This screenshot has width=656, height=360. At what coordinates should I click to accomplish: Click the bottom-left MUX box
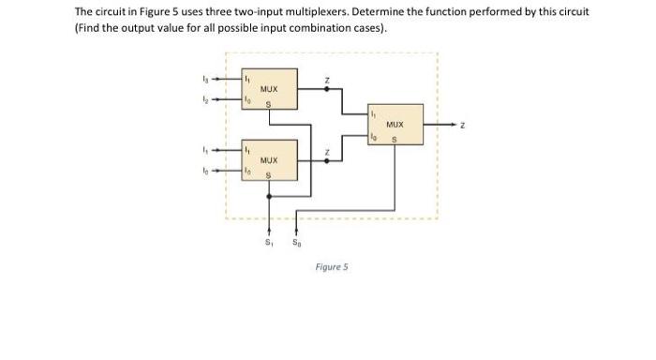[x=269, y=160]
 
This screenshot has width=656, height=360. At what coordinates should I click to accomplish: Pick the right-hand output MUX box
[x=395, y=125]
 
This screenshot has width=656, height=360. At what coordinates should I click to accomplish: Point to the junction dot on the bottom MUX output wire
[x=326, y=160]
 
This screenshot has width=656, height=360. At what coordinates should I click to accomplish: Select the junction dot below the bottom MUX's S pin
[x=271, y=197]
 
